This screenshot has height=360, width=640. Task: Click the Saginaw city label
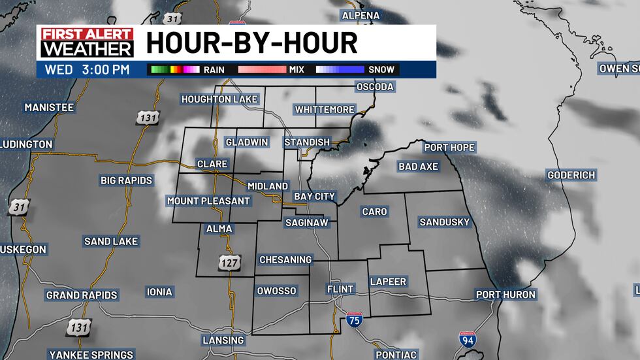(306, 223)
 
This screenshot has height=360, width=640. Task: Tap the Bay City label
(314, 196)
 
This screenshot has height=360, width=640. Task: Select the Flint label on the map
(340, 289)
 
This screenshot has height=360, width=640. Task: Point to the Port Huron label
(505, 295)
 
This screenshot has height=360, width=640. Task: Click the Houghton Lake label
(220, 99)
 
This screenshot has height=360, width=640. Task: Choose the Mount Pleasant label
(208, 201)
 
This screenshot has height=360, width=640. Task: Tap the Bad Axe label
(418, 167)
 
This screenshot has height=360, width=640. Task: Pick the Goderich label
(571, 175)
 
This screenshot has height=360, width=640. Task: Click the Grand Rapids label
(82, 295)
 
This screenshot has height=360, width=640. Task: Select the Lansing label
(223, 340)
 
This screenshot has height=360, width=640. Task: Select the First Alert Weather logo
(86, 43)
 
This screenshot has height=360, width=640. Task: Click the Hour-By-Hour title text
(252, 43)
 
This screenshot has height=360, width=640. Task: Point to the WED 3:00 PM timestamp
(87, 69)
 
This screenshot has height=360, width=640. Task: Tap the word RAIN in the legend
(214, 69)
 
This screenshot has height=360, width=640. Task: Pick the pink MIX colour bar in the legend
(262, 69)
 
